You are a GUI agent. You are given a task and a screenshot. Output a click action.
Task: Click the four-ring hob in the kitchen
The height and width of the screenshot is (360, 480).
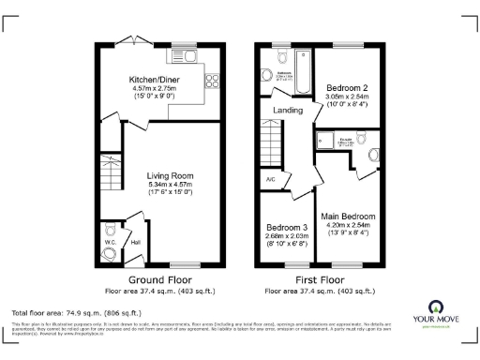coord(210,81)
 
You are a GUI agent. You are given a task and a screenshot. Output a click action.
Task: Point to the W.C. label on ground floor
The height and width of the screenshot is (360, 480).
coord(109,241)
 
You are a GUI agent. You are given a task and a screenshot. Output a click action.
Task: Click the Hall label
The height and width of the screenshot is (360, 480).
coord(135,242)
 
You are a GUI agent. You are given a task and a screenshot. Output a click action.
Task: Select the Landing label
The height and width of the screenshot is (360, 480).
coord(287,111)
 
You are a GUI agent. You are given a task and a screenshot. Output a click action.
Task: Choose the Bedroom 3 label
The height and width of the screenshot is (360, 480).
coord(286,228)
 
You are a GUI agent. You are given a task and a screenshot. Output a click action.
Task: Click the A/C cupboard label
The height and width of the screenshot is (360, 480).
coord(270,178)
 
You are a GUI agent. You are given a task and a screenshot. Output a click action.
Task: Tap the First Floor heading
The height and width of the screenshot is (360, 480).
coord(319,280)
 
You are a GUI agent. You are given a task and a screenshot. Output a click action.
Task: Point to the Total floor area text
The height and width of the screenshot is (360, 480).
coord(75,312)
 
